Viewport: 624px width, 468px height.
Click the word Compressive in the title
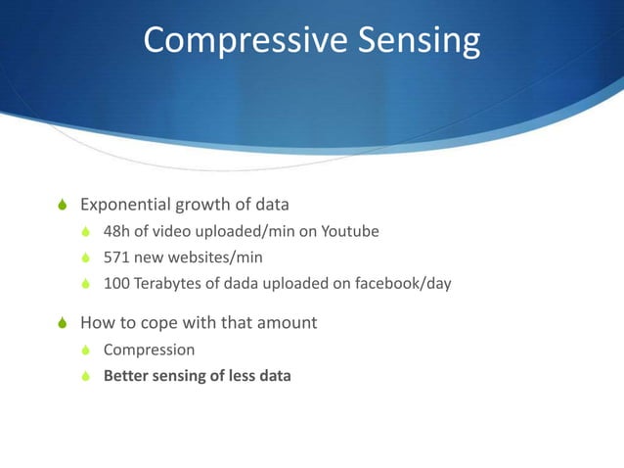click(232, 41)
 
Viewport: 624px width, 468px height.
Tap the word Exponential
click(125, 206)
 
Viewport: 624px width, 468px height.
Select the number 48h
click(117, 232)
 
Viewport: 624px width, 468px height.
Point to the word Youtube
click(350, 232)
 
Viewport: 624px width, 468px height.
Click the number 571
click(117, 258)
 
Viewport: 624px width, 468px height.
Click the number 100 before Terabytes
click(117, 285)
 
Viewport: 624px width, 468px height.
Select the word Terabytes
click(172, 285)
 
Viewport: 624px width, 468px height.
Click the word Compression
click(149, 349)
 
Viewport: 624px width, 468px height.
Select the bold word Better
click(126, 375)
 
